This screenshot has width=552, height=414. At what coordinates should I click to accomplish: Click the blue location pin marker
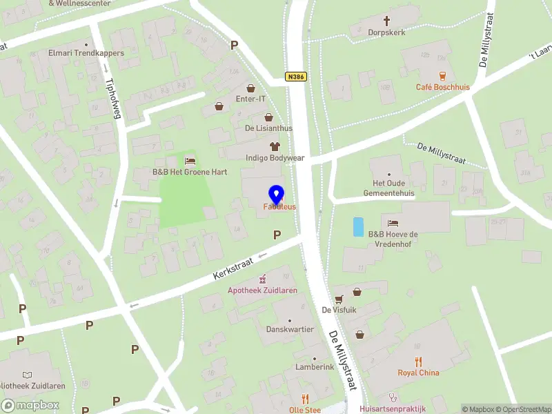point(277,194)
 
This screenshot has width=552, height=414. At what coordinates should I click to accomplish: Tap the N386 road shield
point(296,79)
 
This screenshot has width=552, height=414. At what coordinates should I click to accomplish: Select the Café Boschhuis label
point(442,87)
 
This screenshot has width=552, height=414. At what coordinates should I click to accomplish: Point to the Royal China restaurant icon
point(418,362)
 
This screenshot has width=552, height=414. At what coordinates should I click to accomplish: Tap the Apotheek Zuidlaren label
point(263,290)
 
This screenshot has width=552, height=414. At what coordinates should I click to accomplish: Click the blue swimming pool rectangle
point(357,227)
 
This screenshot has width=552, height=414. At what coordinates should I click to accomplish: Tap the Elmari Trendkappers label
point(86,52)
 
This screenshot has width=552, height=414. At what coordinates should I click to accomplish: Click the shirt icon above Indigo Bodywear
point(275,146)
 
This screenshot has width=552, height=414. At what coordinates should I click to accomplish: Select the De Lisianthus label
point(268,128)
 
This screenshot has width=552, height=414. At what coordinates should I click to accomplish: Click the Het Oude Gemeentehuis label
point(393,188)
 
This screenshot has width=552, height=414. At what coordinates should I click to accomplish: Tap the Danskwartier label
point(290,329)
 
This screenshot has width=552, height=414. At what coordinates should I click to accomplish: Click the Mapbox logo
point(30,406)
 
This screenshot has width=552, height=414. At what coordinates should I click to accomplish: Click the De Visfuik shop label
point(339,310)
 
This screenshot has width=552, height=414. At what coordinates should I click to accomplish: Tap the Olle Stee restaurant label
point(304,410)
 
